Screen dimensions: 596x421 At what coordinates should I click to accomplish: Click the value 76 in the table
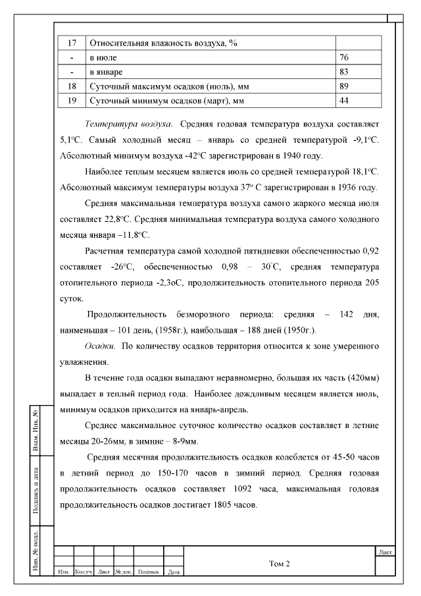tap(344, 57)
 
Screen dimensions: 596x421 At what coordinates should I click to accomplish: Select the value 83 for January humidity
tap(344, 71)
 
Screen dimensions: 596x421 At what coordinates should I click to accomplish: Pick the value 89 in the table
tap(344, 86)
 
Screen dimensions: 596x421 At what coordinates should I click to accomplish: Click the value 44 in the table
tap(344, 100)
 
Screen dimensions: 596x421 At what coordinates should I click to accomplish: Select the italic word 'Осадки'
tap(100, 346)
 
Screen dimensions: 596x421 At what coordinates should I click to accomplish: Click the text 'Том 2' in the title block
tap(280, 564)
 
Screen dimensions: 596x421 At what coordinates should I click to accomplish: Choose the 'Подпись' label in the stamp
tap(149, 572)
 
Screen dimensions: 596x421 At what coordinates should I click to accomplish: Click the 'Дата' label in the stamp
tap(174, 572)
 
